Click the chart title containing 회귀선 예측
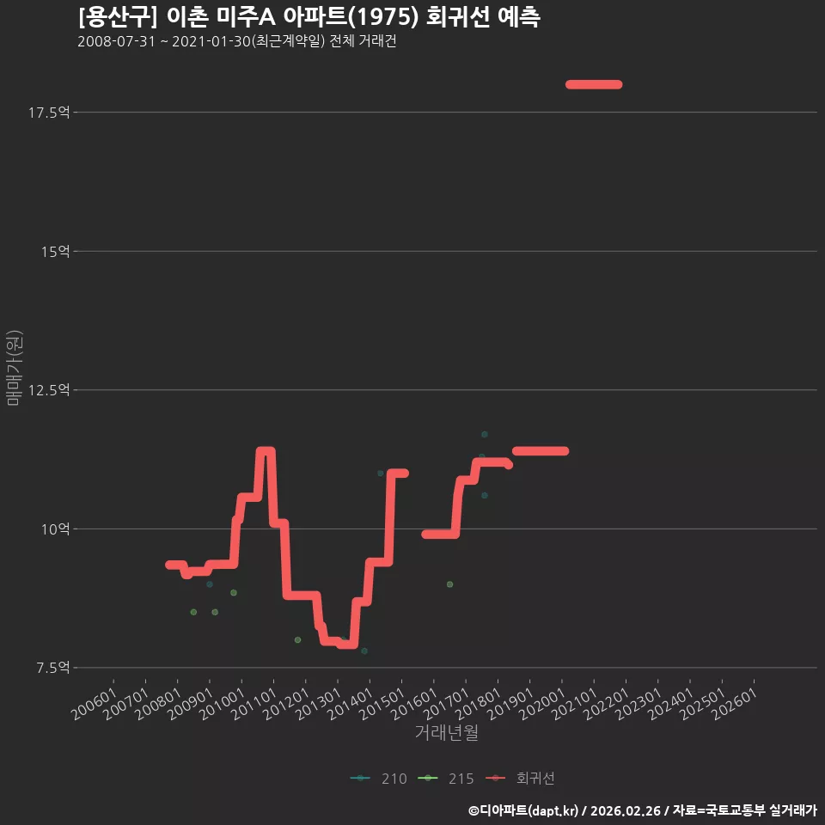point(309,17)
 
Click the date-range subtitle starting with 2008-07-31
point(237,41)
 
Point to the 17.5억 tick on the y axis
point(49,113)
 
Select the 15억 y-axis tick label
point(55,252)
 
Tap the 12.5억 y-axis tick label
point(49,390)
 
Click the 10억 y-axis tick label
point(55,529)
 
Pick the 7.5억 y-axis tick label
point(52,668)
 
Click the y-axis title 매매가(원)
point(14,369)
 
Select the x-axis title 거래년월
point(447,732)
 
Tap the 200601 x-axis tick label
point(95,704)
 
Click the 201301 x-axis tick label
point(319,704)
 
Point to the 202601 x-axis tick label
point(735,704)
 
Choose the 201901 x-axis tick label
point(510,704)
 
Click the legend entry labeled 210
point(379,779)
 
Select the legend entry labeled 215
point(446,779)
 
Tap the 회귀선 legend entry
point(520,779)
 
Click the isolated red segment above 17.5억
point(594,85)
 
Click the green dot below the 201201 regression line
point(298,639)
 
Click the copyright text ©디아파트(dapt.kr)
point(523,810)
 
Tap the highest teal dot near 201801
point(485,435)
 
